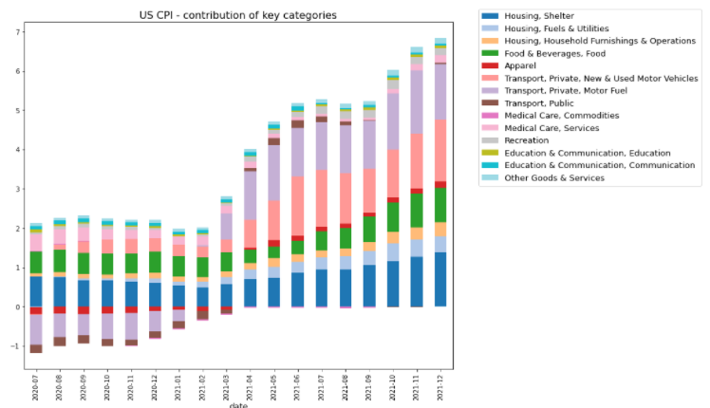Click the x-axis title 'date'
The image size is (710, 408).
[x=237, y=404]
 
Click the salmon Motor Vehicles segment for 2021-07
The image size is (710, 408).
[x=321, y=197]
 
